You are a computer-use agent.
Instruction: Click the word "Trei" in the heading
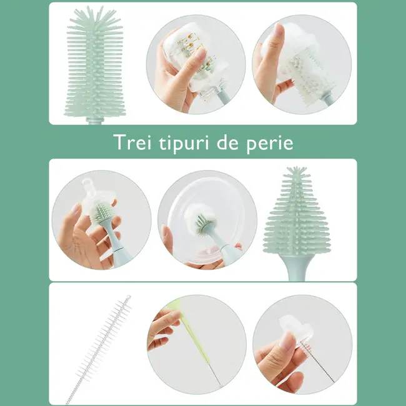134,142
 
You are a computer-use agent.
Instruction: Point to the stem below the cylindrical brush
96,121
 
